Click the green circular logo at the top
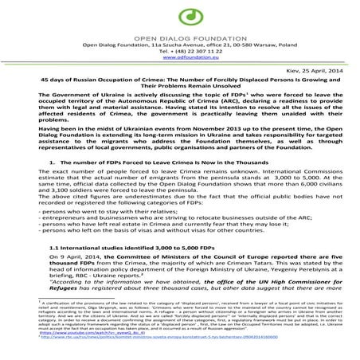180,15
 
